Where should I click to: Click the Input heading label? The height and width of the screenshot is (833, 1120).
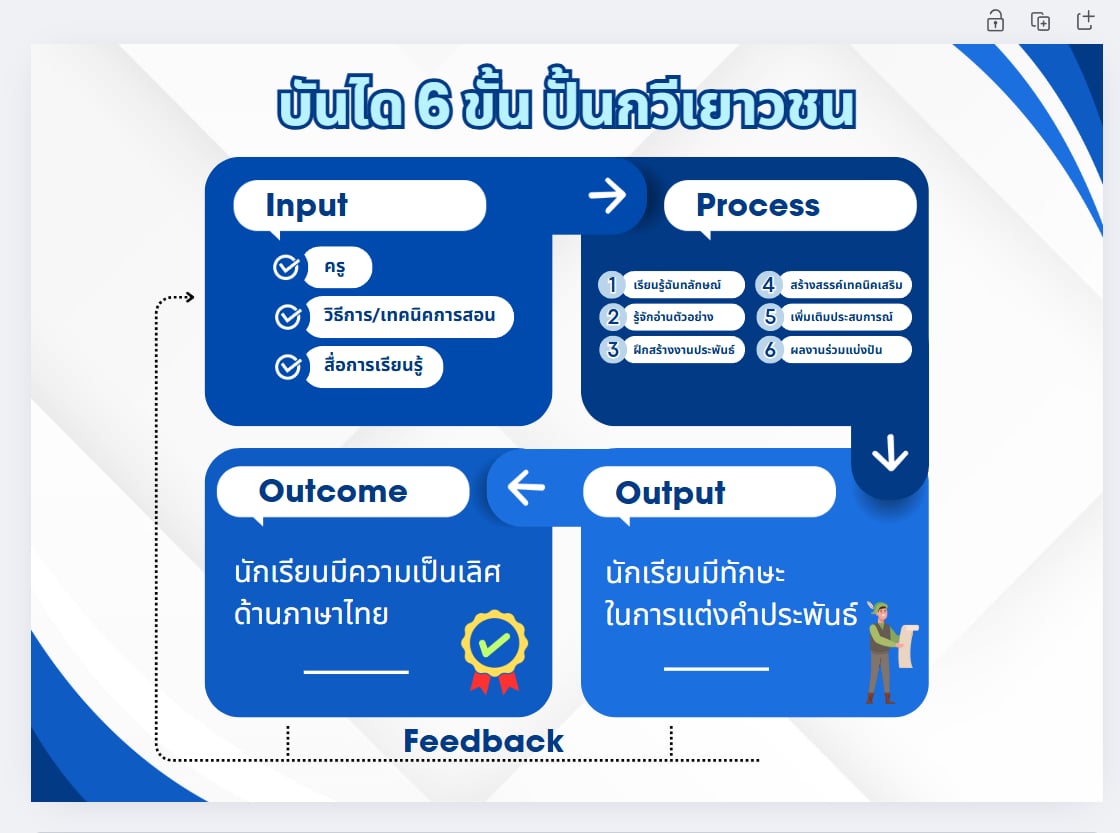[306, 205]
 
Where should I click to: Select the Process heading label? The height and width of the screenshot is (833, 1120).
[757, 205]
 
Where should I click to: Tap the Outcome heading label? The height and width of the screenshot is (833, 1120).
[333, 491]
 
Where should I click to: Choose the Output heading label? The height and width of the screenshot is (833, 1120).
[670, 493]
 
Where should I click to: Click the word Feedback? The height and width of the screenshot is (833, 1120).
[483, 741]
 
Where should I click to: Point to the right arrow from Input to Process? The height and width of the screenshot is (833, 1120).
[606, 195]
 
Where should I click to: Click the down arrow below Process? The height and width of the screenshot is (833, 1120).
[889, 455]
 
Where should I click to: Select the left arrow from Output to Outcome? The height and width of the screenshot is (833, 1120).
[526, 488]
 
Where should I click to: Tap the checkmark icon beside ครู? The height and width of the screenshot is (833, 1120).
[286, 267]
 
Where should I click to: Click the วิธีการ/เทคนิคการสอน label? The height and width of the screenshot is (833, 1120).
[410, 316]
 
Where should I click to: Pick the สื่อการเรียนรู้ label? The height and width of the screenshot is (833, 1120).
[373, 367]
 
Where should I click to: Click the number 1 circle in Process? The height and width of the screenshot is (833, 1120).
[612, 285]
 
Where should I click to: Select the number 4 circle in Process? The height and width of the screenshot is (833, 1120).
[767, 285]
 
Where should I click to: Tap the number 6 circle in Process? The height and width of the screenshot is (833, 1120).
[767, 350]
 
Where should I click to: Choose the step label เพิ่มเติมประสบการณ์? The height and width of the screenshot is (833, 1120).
[846, 318]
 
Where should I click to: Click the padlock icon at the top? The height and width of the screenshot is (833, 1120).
[995, 21]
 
